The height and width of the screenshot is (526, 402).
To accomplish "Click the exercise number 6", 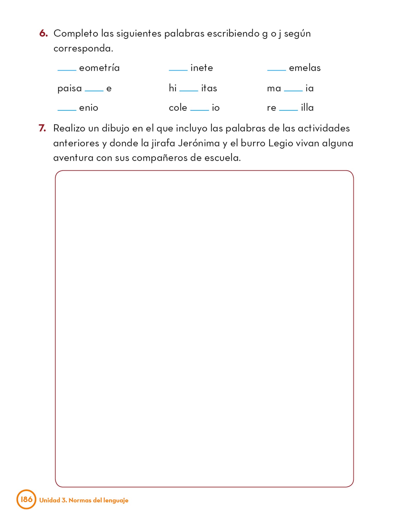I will click(x=43, y=33).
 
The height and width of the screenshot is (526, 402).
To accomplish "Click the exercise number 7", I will click(x=42, y=128).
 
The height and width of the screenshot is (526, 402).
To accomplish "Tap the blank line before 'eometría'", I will click(x=67, y=69).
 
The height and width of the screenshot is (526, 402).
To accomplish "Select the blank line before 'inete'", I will click(x=178, y=69).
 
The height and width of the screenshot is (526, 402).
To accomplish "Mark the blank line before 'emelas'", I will click(x=277, y=69).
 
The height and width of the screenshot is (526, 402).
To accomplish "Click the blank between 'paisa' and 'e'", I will click(x=94, y=90).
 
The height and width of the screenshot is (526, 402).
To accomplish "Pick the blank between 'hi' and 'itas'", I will click(x=189, y=90).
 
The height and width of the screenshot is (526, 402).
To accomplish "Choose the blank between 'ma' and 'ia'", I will click(x=293, y=90).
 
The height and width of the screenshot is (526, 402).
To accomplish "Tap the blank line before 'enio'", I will click(x=67, y=110).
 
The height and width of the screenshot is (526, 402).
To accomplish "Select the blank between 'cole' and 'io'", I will click(x=199, y=110).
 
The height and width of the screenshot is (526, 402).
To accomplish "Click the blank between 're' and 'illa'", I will click(x=288, y=110).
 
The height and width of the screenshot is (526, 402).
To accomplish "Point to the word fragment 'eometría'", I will click(x=99, y=68).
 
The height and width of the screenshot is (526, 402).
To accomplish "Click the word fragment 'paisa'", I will click(x=69, y=88).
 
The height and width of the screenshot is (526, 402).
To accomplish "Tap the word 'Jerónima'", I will click(x=199, y=143).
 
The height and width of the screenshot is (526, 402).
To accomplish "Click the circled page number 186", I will click(x=26, y=499).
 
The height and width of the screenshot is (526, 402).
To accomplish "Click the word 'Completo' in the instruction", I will click(x=76, y=34).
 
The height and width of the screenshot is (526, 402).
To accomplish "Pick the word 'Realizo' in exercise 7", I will click(x=69, y=128).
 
